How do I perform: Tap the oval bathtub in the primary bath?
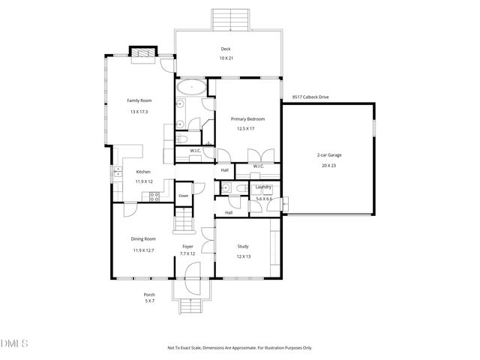coord(193,87)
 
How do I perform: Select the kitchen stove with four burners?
coord(154,196)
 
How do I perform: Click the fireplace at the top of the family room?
coord(142,53)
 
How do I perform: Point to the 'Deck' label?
coord(225,49)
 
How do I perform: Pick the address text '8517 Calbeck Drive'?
coord(310,97)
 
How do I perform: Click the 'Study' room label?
coord(244,246)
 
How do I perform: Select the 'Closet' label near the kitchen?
coord(183,196)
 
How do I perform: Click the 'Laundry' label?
coord(263,187)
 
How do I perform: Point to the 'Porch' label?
coord(149,294)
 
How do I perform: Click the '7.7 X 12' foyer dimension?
coord(187,253)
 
